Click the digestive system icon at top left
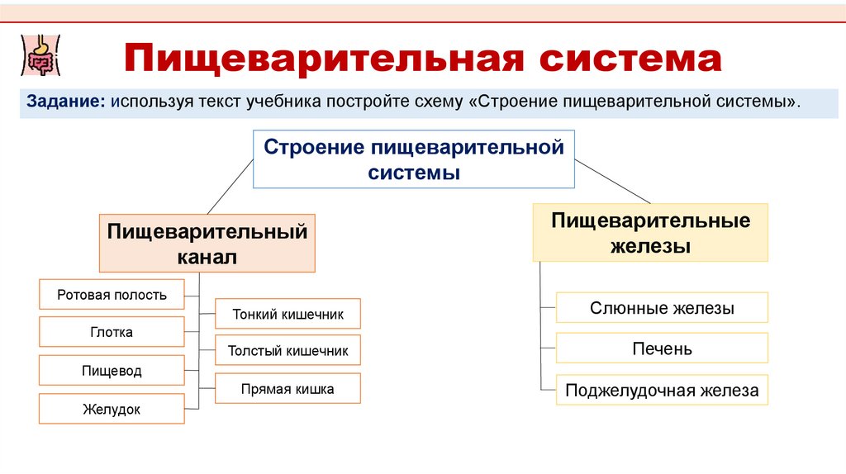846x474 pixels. (x=37, y=55)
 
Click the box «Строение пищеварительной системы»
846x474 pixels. (x=413, y=160)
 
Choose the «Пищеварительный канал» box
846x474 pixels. (x=207, y=244)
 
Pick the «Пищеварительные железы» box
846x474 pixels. (x=650, y=233)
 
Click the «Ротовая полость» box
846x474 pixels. (x=112, y=295)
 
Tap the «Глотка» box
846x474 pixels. (x=112, y=333)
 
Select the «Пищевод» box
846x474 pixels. (x=112, y=371)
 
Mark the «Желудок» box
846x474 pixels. (x=112, y=410)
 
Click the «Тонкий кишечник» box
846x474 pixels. (x=288, y=314)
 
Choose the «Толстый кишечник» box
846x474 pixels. (x=288, y=351)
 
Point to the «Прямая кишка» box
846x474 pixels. (x=288, y=389)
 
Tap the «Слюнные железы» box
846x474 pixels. (x=662, y=308)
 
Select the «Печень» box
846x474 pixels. (x=662, y=348)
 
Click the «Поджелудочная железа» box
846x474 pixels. (x=662, y=391)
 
